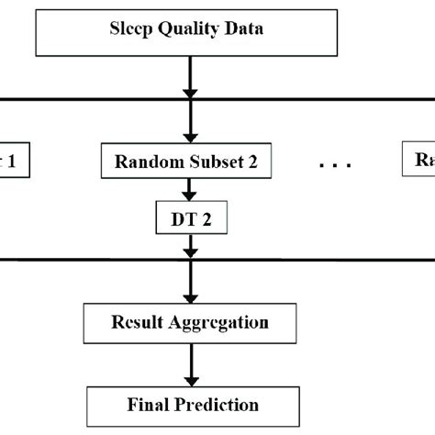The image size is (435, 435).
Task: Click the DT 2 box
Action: click(189, 219)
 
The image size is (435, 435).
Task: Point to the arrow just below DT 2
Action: click(189, 246)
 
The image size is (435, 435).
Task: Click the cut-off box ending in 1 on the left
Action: click(14, 162)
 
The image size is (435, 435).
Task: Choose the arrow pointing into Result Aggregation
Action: click(189, 289)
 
